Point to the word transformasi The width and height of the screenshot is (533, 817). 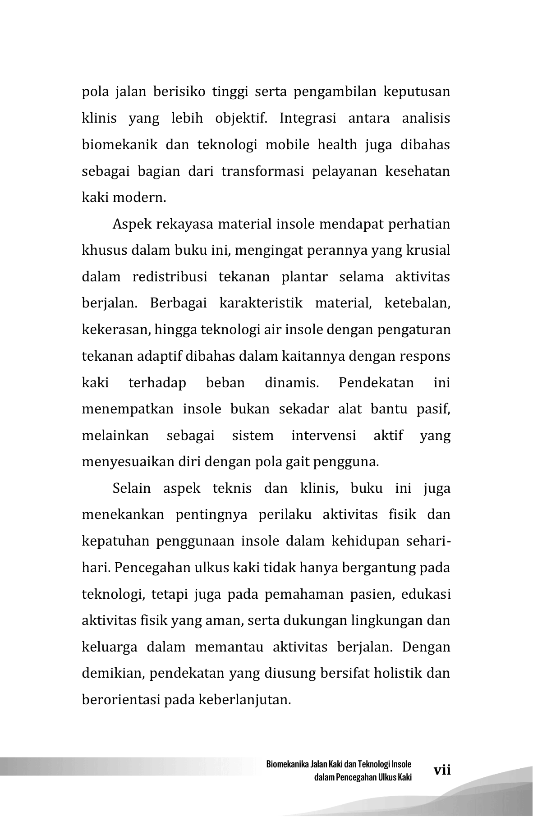click(262, 171)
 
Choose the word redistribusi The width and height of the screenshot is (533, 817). click(170, 277)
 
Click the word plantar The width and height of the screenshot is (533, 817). click(305, 277)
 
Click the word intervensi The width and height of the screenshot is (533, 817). click(324, 436)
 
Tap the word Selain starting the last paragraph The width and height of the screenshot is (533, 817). click(132, 489)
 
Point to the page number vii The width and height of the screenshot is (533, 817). click(442, 770)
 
